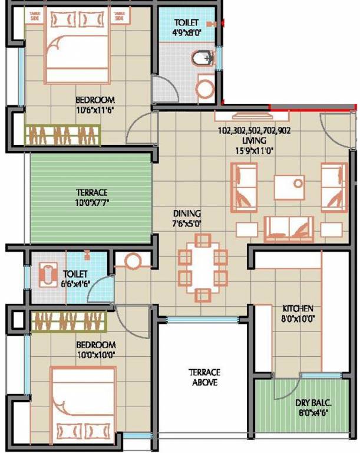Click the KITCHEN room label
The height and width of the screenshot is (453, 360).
click(x=298, y=308)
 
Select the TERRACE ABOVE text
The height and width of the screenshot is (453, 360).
click(x=204, y=377)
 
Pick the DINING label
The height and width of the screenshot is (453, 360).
click(x=186, y=213)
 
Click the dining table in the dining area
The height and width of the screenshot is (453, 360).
click(x=203, y=267)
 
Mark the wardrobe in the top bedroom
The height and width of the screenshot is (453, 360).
click(x=63, y=134)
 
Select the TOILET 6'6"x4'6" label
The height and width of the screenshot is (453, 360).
click(x=75, y=278)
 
